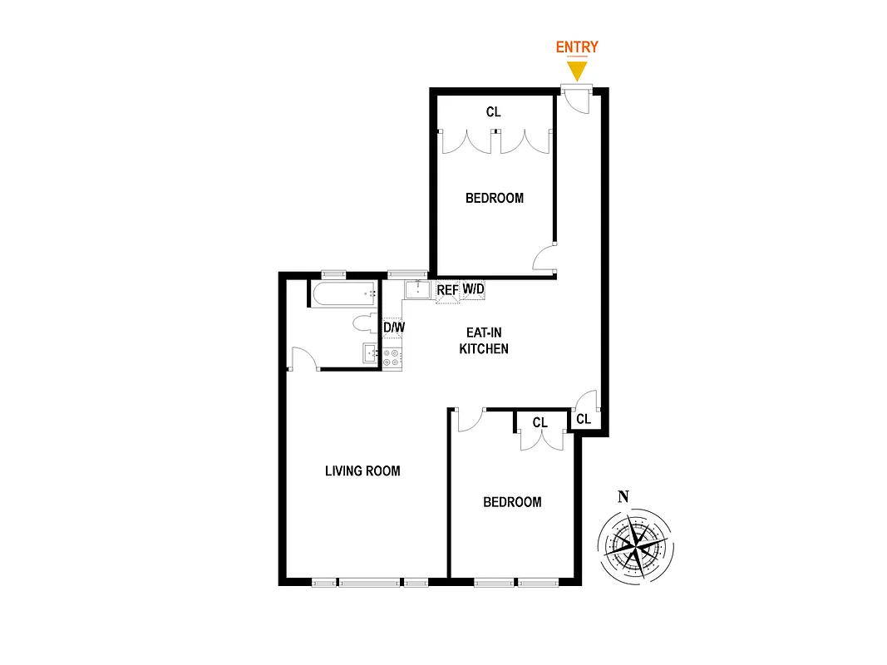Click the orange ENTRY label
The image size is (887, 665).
[x=576, y=47]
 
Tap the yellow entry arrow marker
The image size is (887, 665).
[x=577, y=71]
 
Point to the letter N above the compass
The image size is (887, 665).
[x=623, y=497]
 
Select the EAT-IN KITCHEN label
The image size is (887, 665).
[x=484, y=342]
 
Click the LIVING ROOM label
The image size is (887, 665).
[x=362, y=471]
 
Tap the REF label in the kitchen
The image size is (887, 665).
[x=447, y=290]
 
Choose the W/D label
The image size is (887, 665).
[x=473, y=289]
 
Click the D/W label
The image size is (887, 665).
[x=394, y=328]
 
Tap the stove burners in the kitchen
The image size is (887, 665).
[x=392, y=358]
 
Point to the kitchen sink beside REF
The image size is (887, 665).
[x=415, y=290]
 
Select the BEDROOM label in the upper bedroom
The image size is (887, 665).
[x=495, y=198]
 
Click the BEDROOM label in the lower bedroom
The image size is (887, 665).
[x=512, y=502]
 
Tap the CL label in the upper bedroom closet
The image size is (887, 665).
[x=494, y=111]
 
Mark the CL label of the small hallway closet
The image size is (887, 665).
[x=584, y=420]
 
